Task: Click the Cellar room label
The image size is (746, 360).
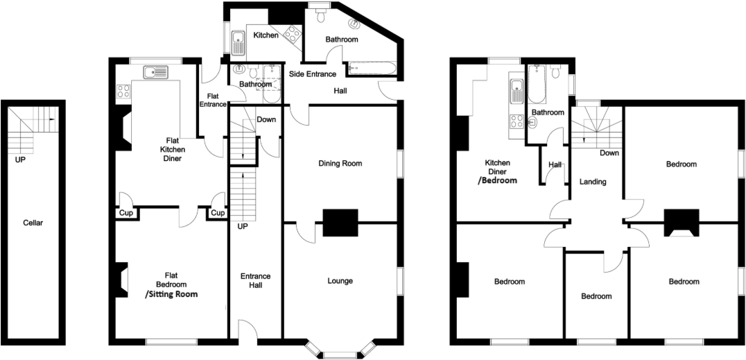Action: (33, 223)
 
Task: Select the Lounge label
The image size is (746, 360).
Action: (340, 281)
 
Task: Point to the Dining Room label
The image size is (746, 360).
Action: (340, 164)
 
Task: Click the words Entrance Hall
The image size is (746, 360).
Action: (255, 281)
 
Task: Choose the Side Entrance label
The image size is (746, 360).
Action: (312, 74)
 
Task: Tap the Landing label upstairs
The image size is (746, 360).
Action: (593, 182)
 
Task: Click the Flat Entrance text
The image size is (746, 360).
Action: (213, 101)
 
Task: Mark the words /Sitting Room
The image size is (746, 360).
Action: (171, 294)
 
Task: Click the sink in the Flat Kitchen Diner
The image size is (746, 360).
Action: (155, 71)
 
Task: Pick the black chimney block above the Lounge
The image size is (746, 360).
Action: (340, 223)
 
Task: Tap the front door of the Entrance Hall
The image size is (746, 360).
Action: (247, 332)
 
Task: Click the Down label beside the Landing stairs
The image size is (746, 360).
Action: (609, 153)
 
